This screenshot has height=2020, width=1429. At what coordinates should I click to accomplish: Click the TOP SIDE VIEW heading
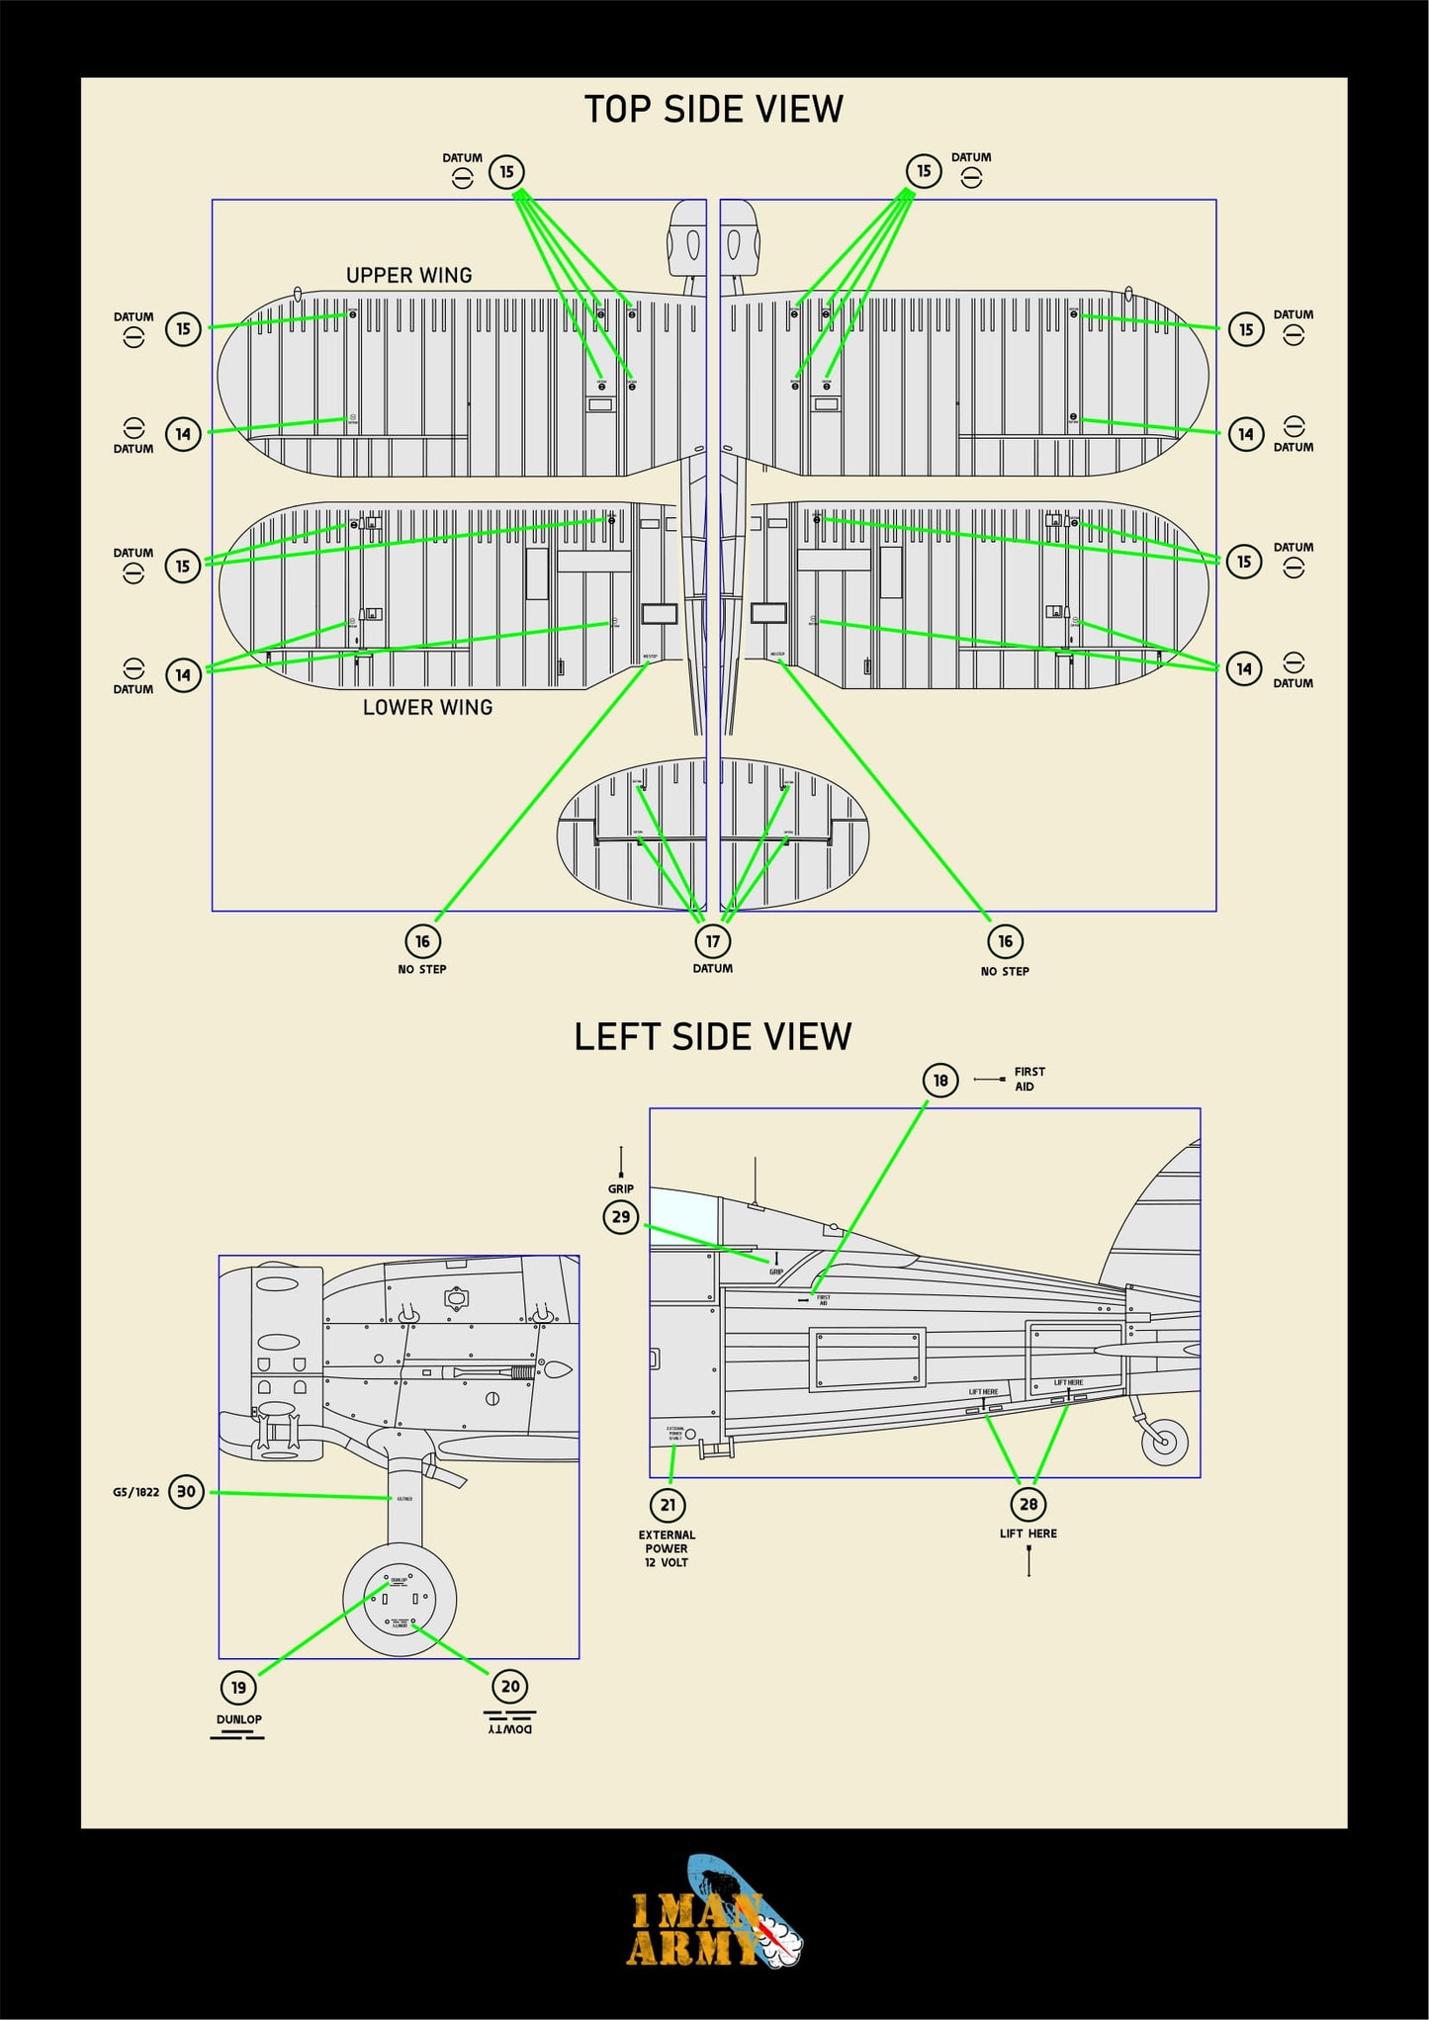[713, 109]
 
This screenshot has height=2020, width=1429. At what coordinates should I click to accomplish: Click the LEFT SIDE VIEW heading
[712, 1036]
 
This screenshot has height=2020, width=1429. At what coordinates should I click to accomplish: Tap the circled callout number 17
[712, 940]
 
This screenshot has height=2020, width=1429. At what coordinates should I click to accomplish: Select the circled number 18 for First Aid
[939, 1080]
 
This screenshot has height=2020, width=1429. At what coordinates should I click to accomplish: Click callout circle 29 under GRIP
[621, 1216]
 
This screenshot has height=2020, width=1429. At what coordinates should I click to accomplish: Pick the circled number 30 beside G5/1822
[186, 1491]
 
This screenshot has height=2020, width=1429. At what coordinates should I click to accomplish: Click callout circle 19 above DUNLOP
[238, 1687]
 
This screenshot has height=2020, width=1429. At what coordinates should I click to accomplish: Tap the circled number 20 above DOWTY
[510, 1686]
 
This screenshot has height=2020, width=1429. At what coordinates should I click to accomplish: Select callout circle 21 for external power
[668, 1505]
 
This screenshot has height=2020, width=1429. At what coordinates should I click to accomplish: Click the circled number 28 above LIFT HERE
[1028, 1504]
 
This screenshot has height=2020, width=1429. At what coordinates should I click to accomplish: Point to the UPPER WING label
[408, 275]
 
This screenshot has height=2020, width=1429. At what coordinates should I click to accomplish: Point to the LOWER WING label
[427, 707]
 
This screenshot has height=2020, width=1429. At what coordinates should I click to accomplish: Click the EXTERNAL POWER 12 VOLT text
[667, 1548]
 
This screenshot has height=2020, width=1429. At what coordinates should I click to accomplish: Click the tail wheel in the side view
[1164, 1442]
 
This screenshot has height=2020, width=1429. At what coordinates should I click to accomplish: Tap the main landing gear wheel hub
[400, 1599]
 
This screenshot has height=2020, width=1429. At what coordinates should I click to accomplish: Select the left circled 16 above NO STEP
[422, 940]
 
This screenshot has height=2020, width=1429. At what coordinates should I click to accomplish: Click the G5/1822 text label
[135, 1492]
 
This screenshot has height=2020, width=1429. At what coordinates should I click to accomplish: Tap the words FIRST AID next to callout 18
[1028, 1079]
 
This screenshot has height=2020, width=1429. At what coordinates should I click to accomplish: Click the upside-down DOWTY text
[510, 1728]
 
